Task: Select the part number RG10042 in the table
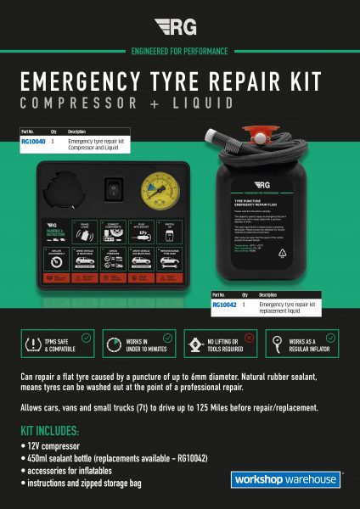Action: (224, 304)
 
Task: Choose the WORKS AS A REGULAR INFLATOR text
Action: (315, 344)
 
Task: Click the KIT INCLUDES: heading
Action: (52, 431)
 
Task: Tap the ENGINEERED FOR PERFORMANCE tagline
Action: (179, 51)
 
